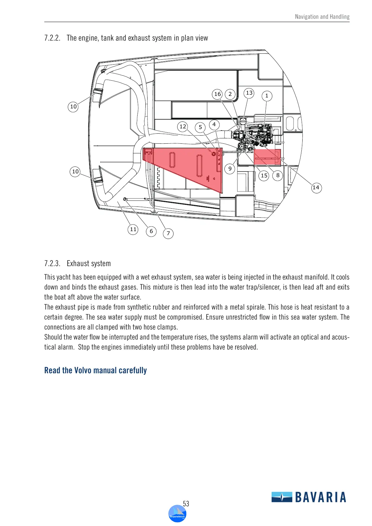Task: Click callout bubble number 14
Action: [x=316, y=187]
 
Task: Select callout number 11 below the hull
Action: [x=133, y=230]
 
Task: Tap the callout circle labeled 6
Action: [x=151, y=231]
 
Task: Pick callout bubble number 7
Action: [x=168, y=233]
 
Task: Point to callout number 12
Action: [x=183, y=127]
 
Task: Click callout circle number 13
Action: [x=249, y=93]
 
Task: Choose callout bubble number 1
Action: [x=267, y=96]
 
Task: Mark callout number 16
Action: [x=218, y=94]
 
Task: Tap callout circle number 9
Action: [x=230, y=169]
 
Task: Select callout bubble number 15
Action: [x=264, y=176]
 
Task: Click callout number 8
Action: [x=278, y=176]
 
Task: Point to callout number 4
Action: [x=214, y=124]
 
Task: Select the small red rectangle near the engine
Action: [x=267, y=157]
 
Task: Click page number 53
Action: [x=186, y=504]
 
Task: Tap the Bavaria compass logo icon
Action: [x=282, y=497]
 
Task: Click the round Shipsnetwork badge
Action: [x=177, y=514]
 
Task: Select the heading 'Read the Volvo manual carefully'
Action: [x=95, y=370]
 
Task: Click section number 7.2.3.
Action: [x=52, y=263]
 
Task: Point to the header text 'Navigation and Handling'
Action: [x=322, y=17]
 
